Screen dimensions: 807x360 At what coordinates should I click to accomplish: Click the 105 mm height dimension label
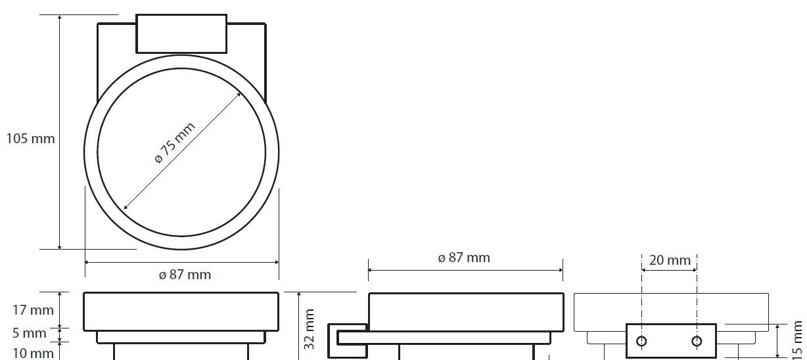(31, 139)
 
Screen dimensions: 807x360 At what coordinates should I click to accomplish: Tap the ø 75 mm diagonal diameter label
(175, 143)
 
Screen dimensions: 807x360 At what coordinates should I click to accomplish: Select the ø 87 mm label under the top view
(185, 275)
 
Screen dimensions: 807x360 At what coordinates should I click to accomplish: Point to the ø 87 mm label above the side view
(464, 258)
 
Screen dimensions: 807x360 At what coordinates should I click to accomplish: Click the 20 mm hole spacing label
(670, 260)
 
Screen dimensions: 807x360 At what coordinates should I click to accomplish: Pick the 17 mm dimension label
(33, 310)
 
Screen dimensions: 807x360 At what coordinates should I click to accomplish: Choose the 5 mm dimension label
(30, 333)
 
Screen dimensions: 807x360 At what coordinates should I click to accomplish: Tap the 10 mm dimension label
(33, 353)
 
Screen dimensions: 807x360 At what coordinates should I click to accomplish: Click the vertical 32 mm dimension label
(309, 329)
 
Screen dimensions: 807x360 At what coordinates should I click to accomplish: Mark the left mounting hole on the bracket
(641, 340)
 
